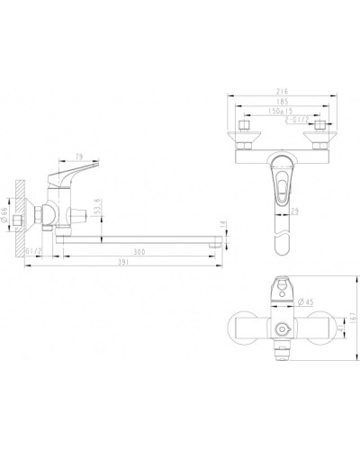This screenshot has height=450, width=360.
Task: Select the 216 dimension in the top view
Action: click(x=283, y=93)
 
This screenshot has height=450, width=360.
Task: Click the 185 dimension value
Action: click(x=283, y=102)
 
